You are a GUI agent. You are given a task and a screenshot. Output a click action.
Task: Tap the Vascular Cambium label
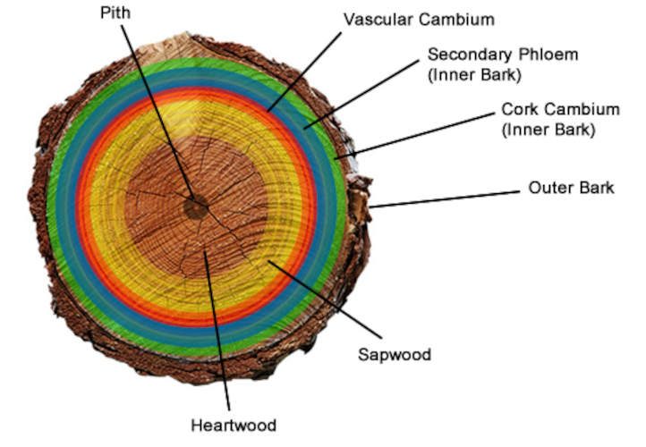click(418, 20)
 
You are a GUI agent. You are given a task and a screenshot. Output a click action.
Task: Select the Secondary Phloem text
click(502, 55)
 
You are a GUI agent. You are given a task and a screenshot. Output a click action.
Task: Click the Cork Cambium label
click(559, 110)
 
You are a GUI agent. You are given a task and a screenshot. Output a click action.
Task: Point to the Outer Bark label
click(571, 188)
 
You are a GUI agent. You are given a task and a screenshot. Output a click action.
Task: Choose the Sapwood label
click(395, 354)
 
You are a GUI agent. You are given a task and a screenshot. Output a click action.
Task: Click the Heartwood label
click(234, 424)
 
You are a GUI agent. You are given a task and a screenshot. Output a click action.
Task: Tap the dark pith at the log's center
click(194, 208)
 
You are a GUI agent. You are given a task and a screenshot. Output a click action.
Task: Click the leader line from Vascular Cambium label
click(305, 72)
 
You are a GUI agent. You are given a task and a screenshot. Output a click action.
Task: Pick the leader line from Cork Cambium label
click(415, 136)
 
